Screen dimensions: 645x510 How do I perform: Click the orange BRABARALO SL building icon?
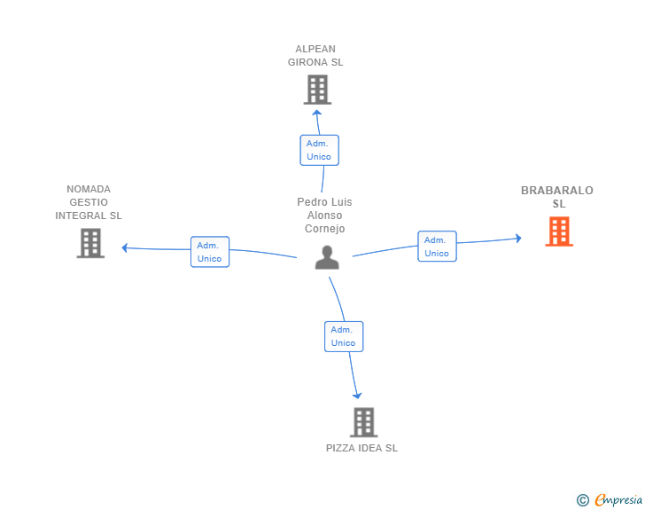click(x=559, y=231)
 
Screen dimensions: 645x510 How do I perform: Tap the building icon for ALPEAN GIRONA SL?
click(x=317, y=90)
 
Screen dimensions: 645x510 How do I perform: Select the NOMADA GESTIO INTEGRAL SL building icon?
click(x=90, y=243)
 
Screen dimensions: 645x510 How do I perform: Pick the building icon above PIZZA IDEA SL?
click(x=363, y=422)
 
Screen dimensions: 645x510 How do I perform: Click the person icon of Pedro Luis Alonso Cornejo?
click(x=327, y=257)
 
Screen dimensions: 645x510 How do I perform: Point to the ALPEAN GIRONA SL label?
click(x=315, y=56)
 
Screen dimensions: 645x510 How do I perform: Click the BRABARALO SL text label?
click(x=557, y=197)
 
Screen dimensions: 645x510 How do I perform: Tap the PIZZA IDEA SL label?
click(x=362, y=448)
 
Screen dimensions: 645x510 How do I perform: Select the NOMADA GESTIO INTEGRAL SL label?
click(x=89, y=202)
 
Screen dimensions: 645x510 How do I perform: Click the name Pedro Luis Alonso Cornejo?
click(x=324, y=215)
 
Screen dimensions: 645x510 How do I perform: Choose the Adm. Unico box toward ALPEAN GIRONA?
click(x=320, y=150)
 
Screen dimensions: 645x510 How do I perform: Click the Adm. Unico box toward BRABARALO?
click(x=438, y=247)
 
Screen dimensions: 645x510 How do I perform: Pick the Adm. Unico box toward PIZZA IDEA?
click(x=344, y=336)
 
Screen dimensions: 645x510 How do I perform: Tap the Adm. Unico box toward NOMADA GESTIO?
click(x=210, y=252)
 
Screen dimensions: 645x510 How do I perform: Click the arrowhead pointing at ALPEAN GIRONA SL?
click(x=316, y=113)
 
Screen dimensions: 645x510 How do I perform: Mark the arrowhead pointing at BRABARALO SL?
click(x=518, y=238)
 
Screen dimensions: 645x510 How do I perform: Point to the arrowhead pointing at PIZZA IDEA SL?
click(x=357, y=396)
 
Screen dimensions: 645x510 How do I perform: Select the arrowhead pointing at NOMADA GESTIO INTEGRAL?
click(x=125, y=247)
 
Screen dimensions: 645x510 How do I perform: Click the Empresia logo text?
click(x=618, y=499)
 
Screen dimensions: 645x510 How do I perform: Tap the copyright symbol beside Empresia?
click(x=582, y=500)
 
